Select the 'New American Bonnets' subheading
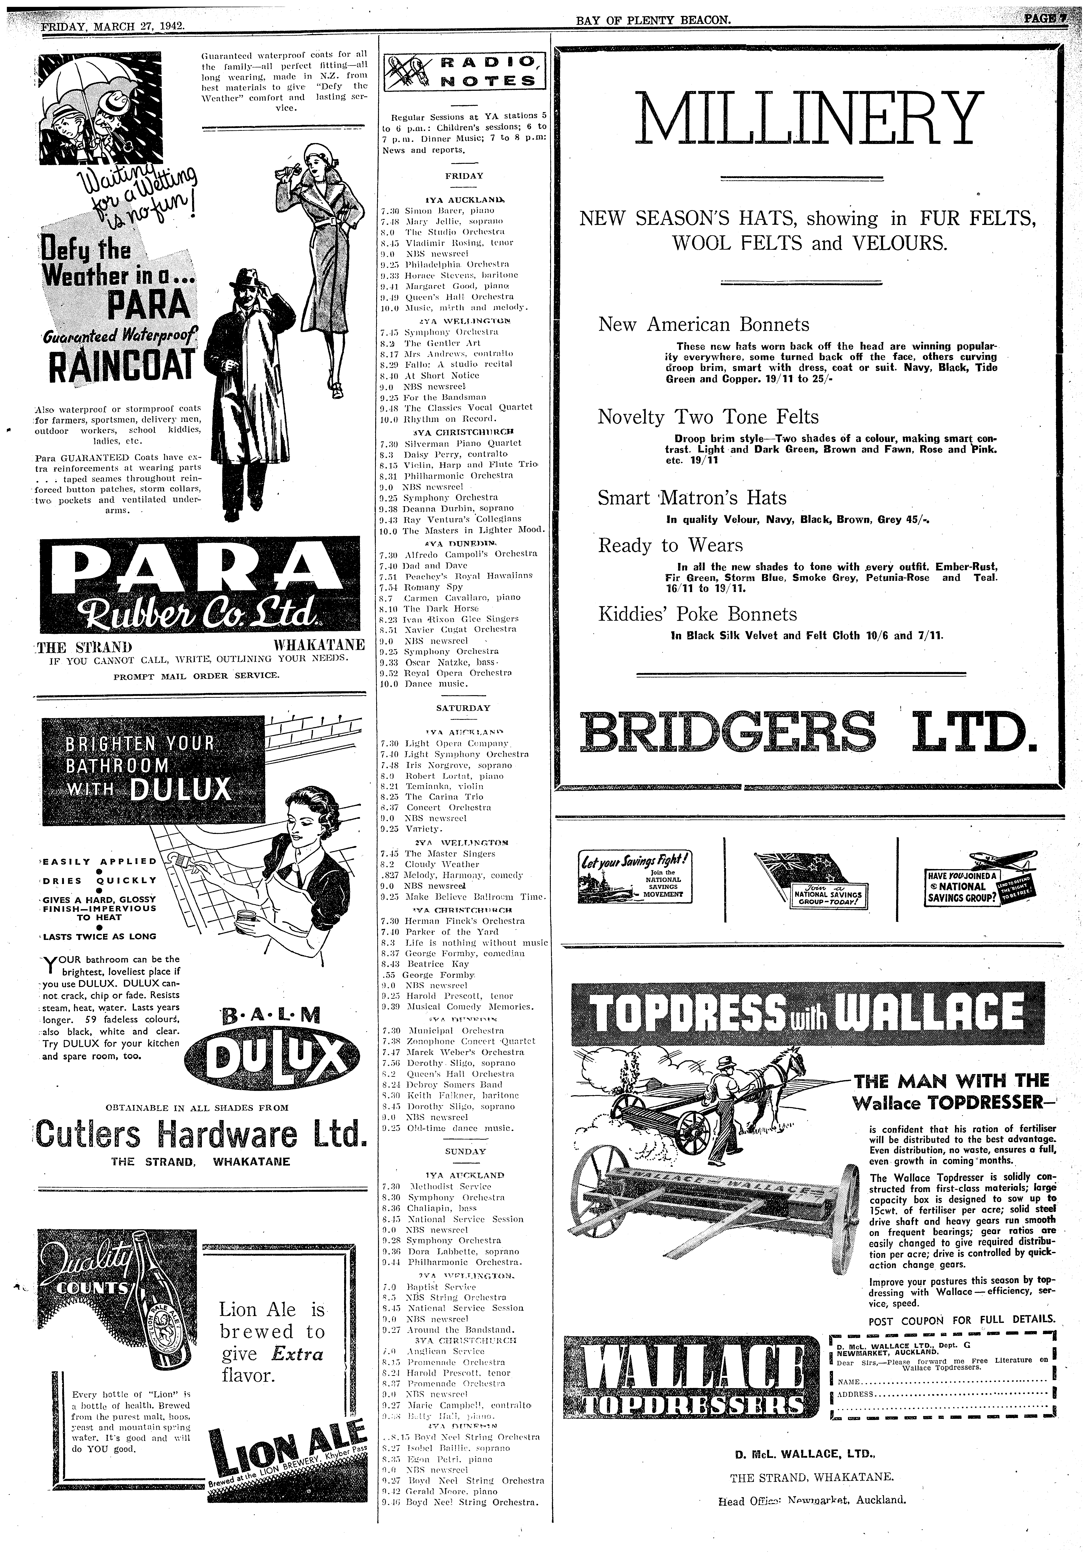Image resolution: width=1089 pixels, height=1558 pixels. [x=703, y=324]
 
